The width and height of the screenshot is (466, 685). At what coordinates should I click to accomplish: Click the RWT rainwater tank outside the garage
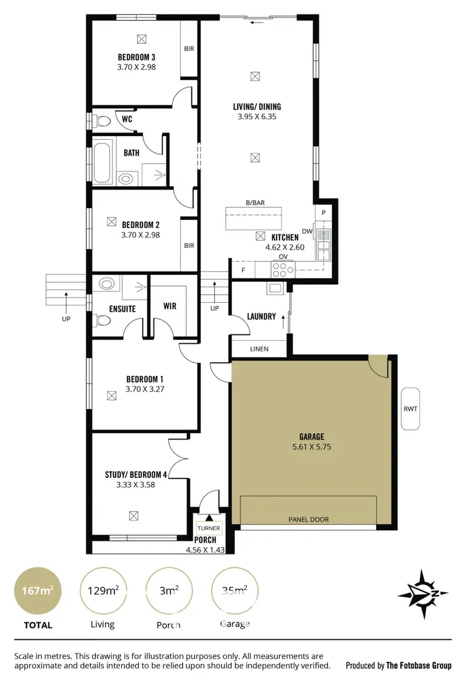(x=411, y=408)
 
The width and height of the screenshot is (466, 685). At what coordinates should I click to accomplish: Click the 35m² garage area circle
(x=234, y=591)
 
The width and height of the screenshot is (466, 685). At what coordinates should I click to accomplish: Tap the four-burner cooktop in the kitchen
(x=283, y=269)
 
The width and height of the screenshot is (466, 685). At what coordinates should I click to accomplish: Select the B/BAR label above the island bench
(x=255, y=203)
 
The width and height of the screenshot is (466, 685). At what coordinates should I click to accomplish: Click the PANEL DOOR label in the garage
(x=309, y=519)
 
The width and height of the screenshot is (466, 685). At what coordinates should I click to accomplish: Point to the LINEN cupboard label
(x=259, y=349)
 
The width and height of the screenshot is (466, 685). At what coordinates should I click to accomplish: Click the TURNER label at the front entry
(x=209, y=528)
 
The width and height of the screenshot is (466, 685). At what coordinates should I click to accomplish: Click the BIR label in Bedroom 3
(x=188, y=48)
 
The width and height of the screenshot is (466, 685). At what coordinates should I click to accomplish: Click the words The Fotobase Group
(x=419, y=665)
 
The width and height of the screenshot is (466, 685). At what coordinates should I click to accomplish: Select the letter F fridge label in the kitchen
(x=242, y=270)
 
